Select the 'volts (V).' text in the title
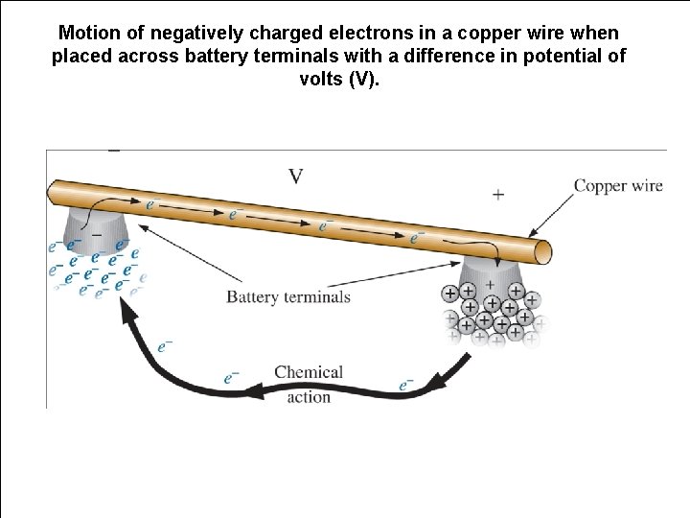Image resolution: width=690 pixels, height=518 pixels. [339, 79]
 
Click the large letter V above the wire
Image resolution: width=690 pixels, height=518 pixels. [296, 176]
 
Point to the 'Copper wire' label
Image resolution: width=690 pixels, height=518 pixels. [618, 186]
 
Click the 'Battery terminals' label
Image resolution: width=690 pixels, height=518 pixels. [288, 297]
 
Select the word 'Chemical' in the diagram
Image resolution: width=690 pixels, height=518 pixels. [309, 372]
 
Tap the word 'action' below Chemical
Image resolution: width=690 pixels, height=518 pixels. [309, 397]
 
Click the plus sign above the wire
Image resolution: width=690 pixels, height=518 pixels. [498, 195]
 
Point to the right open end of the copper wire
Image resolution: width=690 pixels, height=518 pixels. [543, 251]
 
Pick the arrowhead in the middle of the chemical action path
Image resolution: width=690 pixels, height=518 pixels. [253, 390]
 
